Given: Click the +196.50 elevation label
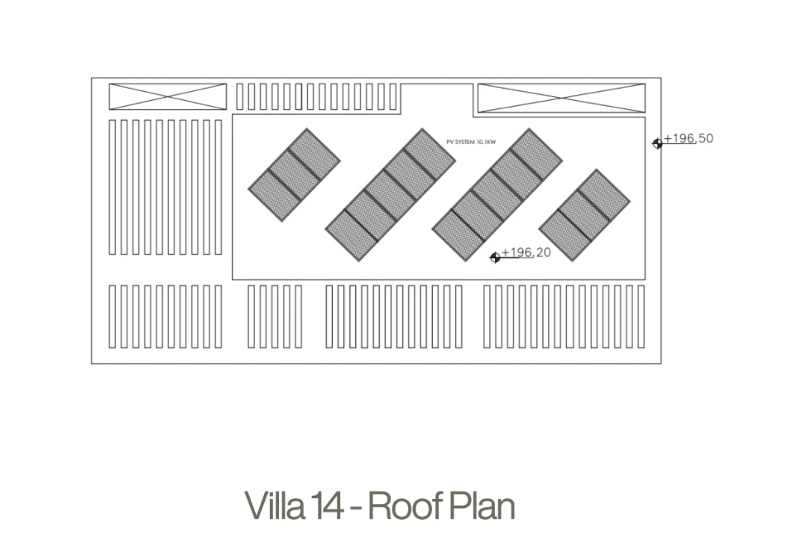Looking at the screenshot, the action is click(689, 139).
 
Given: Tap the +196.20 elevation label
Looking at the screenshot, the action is click(526, 252).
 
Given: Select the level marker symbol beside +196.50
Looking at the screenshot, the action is click(657, 144).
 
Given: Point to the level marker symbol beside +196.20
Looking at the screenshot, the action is click(495, 257).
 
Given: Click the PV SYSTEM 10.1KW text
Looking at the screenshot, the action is click(471, 142).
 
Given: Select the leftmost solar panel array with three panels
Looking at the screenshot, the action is click(294, 175).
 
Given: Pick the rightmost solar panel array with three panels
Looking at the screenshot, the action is click(584, 215).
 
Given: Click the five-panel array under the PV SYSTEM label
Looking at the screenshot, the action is click(391, 195).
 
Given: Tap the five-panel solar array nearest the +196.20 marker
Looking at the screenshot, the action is click(497, 195).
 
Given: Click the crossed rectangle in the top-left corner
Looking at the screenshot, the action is click(168, 97).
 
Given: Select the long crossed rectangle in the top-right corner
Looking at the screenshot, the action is click(561, 98).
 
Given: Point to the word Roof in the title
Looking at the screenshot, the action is click(405, 506).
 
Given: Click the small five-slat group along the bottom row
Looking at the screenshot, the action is click(275, 317).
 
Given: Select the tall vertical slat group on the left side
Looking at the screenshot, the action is click(166, 187).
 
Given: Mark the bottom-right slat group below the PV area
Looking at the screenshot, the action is click(564, 317).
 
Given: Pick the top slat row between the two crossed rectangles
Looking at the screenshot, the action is click(317, 97).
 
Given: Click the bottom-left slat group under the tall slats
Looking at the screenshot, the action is click(166, 317).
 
